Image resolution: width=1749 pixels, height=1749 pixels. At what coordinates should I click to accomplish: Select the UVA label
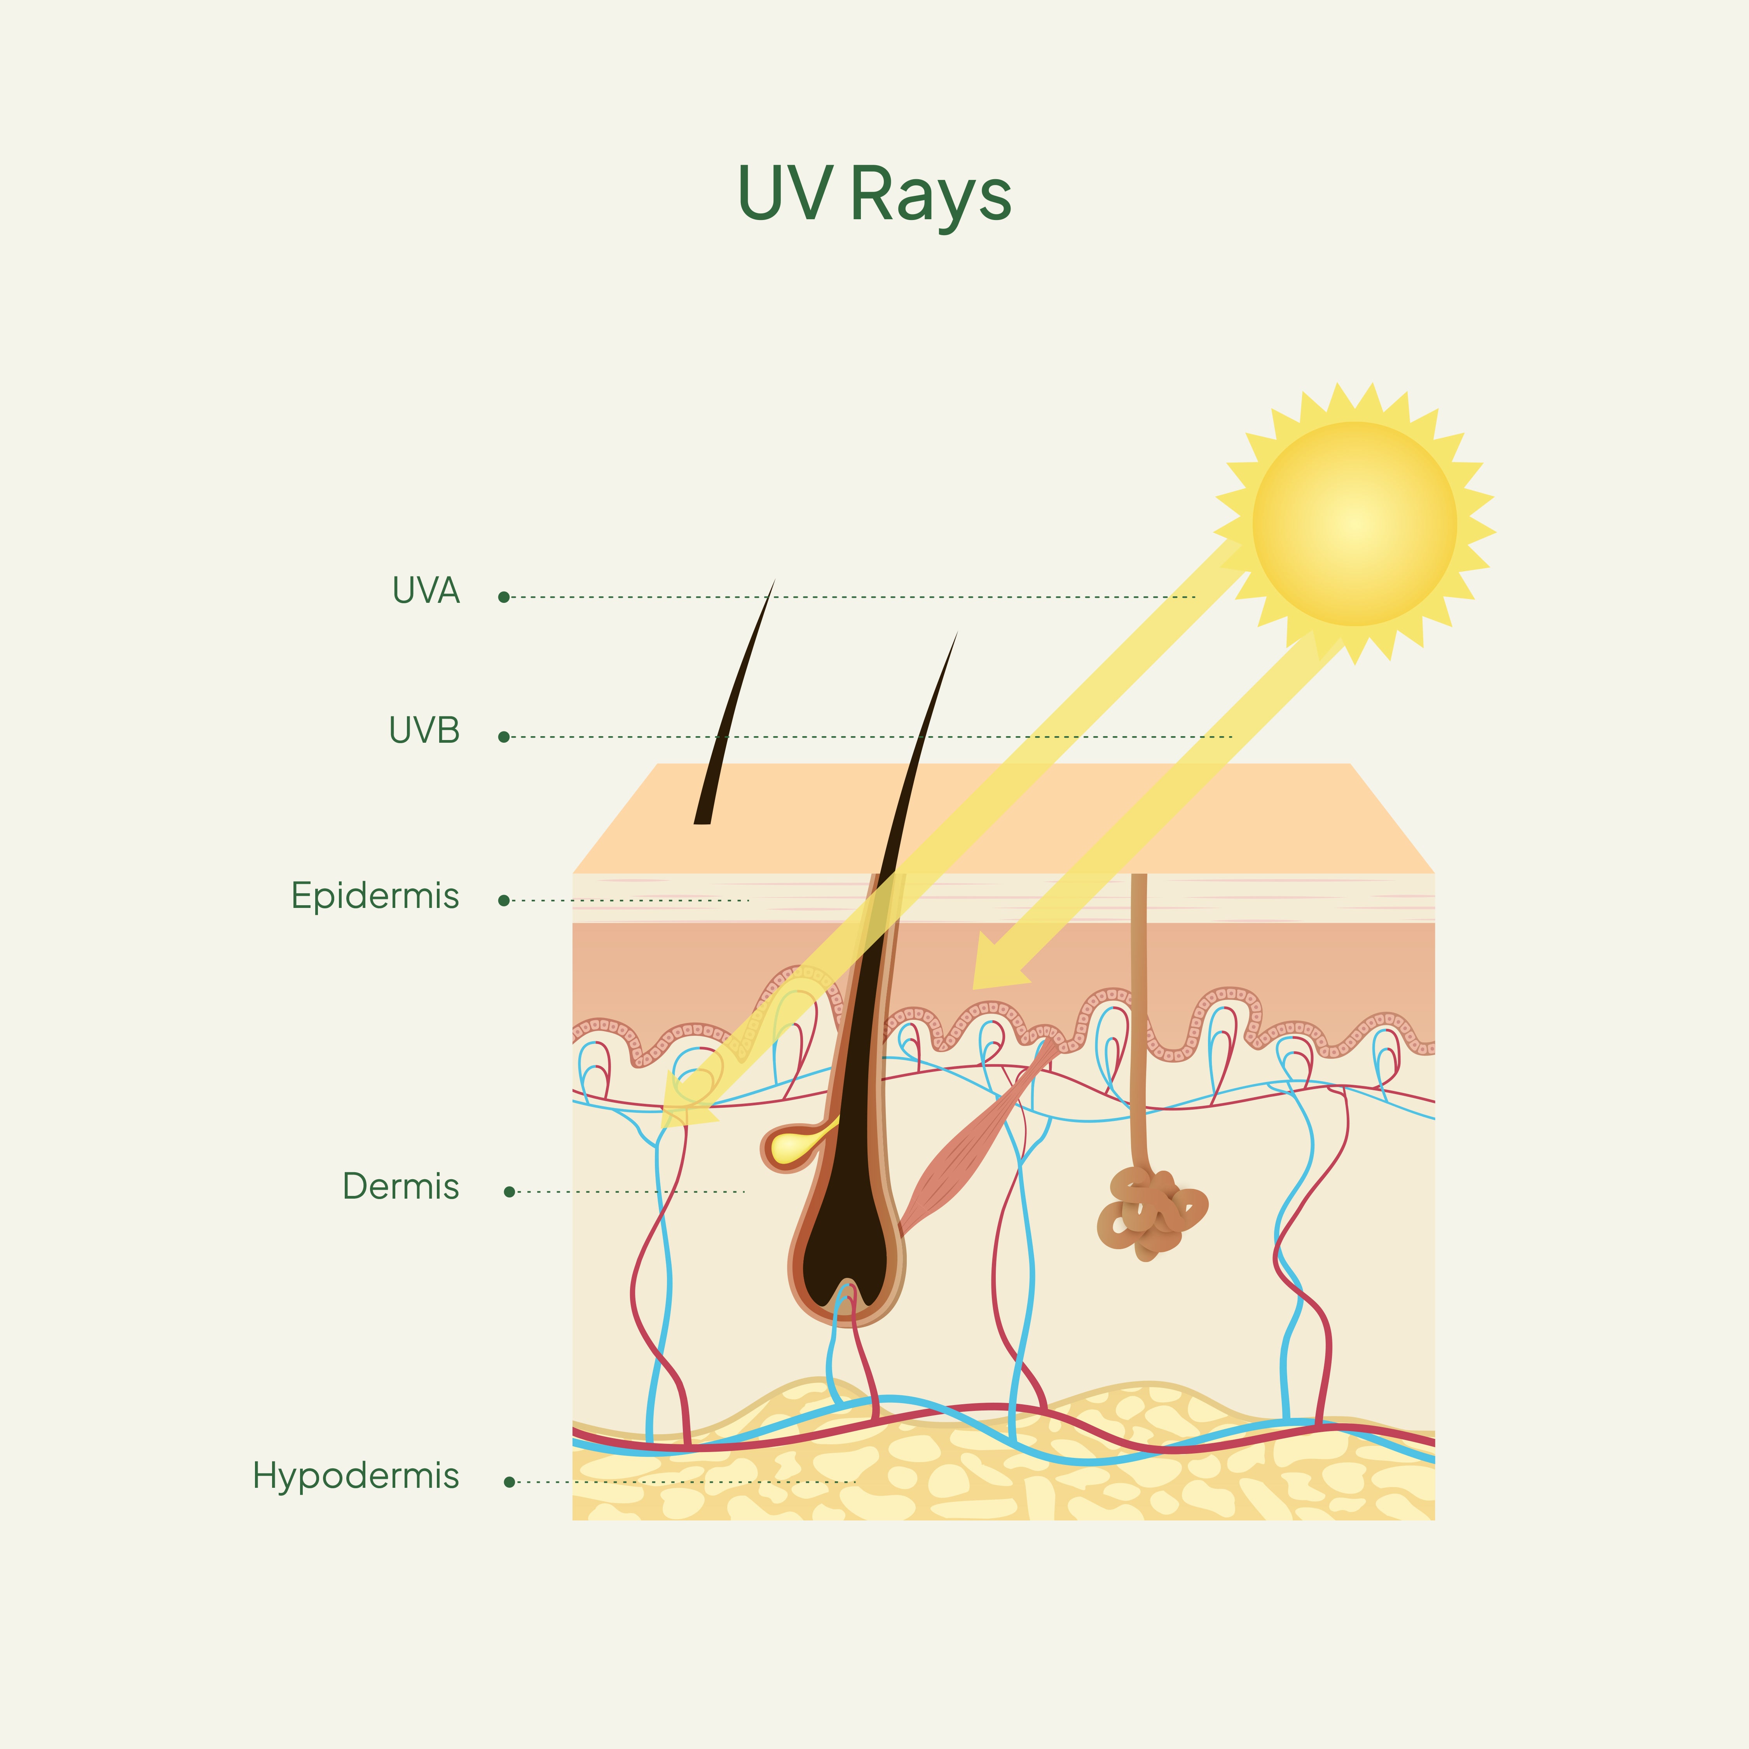point(426,591)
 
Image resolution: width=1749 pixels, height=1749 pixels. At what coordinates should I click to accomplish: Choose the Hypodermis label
point(356,1476)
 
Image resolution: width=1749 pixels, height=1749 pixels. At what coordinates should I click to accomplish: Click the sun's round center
point(1354,523)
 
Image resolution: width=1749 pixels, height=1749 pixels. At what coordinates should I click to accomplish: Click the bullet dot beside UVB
point(504,737)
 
